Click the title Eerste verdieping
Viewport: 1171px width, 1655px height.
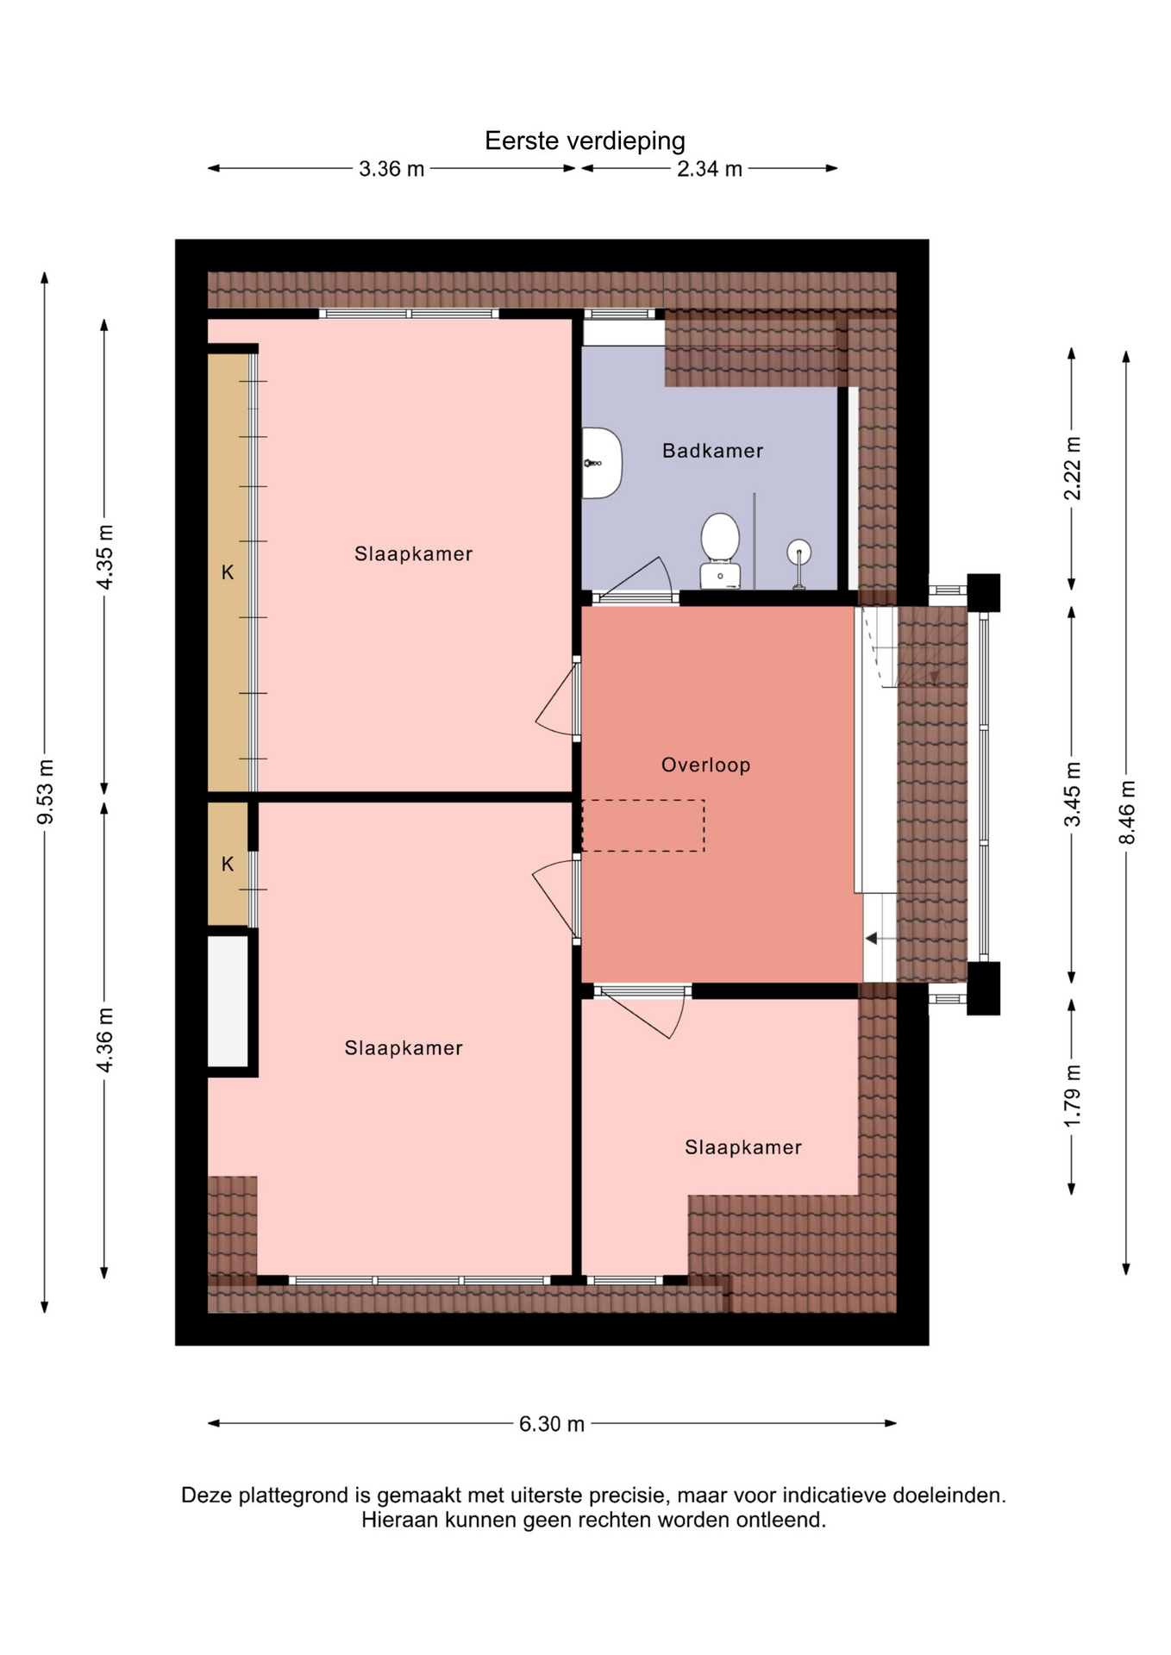tap(585, 141)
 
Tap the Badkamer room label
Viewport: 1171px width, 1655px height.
tap(712, 451)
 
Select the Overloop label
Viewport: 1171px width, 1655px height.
tap(705, 765)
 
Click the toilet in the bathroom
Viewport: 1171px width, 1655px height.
tap(720, 551)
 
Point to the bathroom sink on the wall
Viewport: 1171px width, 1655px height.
tap(602, 463)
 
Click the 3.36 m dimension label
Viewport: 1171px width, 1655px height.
tap(391, 169)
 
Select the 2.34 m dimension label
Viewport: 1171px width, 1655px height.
tap(709, 169)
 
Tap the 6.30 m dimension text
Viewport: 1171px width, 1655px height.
tap(552, 1424)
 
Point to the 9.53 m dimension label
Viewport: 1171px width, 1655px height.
tap(46, 792)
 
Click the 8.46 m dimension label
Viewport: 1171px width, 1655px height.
tap(1127, 813)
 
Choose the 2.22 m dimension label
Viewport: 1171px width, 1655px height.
tap(1072, 469)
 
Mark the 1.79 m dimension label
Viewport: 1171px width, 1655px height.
tap(1072, 1096)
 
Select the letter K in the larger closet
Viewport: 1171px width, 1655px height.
tap(228, 572)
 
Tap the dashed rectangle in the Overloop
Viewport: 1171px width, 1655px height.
tap(643, 826)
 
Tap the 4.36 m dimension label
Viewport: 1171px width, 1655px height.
tap(104, 1040)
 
